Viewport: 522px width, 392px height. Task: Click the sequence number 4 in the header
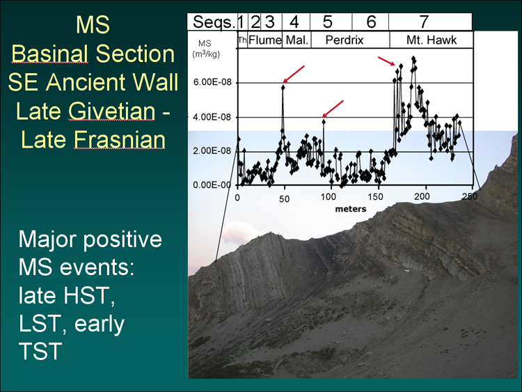294,22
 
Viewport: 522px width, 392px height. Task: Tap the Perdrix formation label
345,40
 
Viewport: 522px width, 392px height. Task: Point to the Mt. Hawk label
432,40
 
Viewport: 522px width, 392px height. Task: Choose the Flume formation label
265,40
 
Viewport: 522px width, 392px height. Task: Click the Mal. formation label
297,40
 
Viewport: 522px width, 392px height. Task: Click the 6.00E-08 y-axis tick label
212,82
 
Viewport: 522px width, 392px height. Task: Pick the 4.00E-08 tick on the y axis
212,117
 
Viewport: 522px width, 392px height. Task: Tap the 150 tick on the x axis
375,196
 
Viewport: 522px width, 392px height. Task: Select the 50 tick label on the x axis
284,199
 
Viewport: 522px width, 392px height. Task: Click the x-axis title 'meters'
351,209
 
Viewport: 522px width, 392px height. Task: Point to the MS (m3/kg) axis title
205,49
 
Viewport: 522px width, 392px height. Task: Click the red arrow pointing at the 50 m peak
294,74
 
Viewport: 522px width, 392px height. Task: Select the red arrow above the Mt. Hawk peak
386,61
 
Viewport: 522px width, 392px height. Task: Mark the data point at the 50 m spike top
283,87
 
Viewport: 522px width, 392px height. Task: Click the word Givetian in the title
112,111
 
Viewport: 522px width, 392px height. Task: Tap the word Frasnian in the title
119,139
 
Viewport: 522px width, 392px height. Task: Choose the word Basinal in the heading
50,54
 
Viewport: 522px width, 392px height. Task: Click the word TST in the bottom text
40,351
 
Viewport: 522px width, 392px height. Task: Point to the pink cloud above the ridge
239,232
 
